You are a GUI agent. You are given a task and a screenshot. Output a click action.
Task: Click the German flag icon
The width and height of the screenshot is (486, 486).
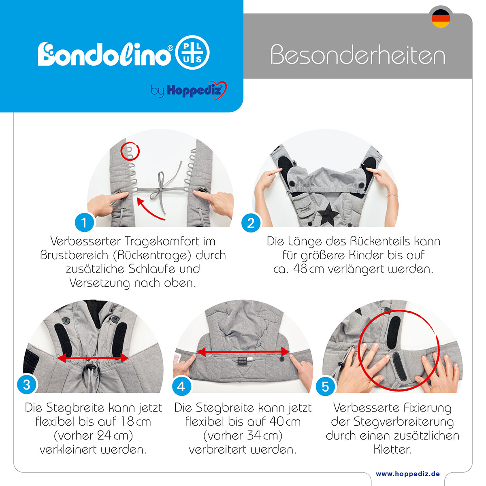[441, 18]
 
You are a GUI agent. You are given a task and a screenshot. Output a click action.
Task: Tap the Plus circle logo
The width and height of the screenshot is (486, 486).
[192, 53]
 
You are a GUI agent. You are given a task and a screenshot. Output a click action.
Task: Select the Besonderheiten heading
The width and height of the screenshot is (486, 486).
[358, 55]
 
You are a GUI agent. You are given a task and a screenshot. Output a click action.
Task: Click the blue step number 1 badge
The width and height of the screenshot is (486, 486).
[84, 222]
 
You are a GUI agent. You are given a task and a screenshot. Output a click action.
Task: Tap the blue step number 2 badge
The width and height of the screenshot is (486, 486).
[251, 223]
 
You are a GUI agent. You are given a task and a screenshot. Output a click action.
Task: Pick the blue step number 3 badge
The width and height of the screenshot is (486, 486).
[26, 385]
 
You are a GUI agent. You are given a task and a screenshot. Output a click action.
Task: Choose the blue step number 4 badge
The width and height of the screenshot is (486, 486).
[181, 387]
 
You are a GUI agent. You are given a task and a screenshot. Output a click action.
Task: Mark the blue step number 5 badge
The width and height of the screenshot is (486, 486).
[325, 387]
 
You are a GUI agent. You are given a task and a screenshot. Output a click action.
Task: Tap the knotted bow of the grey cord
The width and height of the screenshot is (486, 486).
[160, 189]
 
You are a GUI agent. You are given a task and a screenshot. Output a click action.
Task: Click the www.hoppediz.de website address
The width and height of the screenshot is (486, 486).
[408, 473]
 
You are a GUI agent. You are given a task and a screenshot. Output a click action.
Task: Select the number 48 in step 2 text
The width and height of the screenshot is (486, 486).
[300, 269]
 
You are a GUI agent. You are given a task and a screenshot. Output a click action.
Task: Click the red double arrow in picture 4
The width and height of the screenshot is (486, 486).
[243, 352]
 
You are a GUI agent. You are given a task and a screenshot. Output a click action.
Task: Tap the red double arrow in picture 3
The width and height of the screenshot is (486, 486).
[93, 358]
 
